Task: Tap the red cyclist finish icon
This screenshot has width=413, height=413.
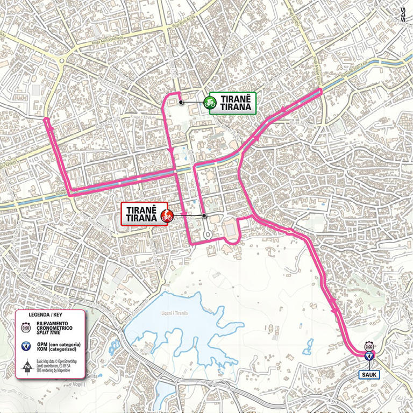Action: pos(167,217)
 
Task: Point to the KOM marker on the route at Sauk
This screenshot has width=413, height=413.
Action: pos(369,356)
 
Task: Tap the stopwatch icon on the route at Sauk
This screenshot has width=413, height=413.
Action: pos(369,346)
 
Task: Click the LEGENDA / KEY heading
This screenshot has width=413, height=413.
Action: pos(49,314)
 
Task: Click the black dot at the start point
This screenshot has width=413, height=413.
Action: pos(181,102)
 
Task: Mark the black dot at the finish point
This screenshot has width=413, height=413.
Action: pos(205,216)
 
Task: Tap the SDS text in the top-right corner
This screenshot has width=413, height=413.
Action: pos(404,16)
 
